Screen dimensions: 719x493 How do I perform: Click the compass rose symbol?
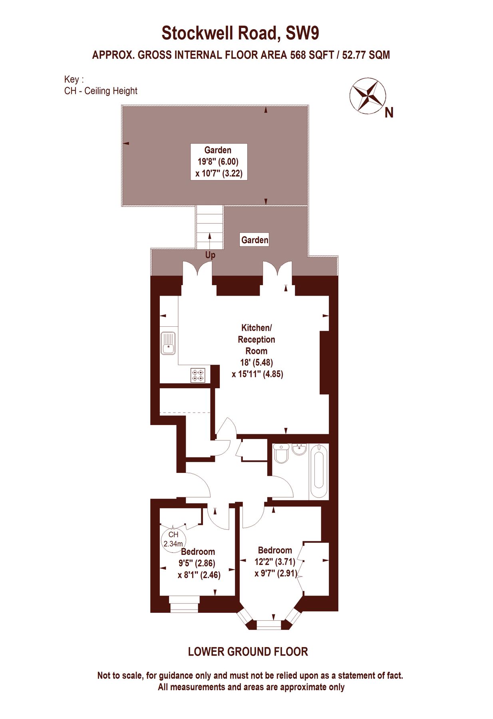(367, 96)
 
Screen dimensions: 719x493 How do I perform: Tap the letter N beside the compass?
(389, 113)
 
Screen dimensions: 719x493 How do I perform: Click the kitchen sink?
(168, 343)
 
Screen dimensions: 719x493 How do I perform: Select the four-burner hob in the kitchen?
(198, 375)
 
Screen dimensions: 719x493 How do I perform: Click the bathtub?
(319, 471)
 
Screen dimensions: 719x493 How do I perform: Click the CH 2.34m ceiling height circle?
(173, 539)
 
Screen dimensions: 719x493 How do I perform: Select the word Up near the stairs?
(210, 255)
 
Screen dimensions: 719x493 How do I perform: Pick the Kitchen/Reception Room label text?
(256, 339)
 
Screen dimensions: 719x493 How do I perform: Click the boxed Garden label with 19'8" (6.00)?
(219, 161)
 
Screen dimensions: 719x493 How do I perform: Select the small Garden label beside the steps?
(254, 240)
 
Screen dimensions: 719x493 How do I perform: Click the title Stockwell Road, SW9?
(240, 33)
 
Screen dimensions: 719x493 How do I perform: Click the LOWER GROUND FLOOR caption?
(248, 651)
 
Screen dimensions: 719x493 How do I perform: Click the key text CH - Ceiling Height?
(101, 91)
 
